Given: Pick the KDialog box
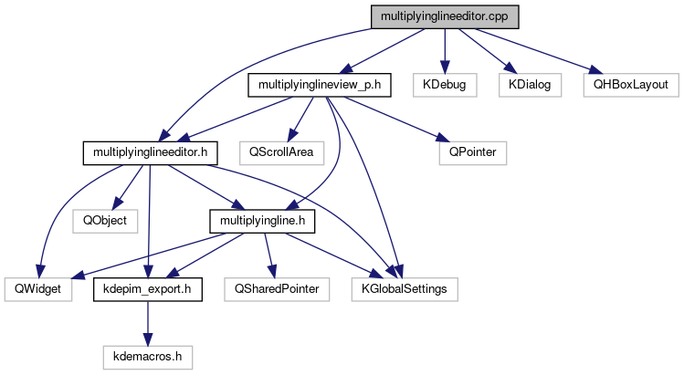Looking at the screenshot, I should [x=526, y=85].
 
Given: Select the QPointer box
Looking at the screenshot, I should [x=472, y=152].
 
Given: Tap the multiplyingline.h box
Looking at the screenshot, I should [x=262, y=221].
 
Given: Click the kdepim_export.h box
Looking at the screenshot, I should [x=147, y=289].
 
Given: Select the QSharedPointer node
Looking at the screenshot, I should [x=277, y=289].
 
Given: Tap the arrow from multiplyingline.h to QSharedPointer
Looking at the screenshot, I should [x=268, y=255].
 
